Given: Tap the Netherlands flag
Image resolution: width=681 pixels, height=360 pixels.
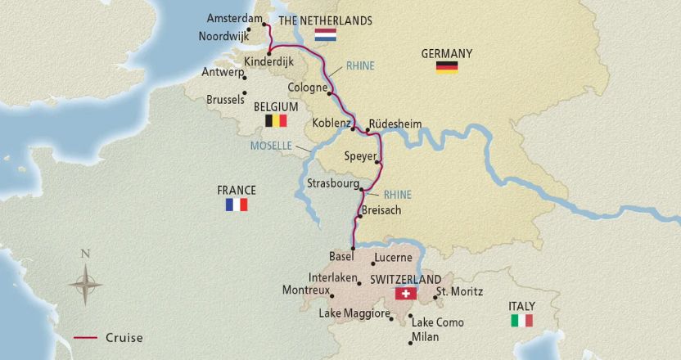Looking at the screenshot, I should [x=325, y=35].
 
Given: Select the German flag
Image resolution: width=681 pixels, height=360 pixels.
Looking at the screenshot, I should [x=446, y=68].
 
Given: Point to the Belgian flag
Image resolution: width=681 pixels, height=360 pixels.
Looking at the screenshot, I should [x=276, y=121].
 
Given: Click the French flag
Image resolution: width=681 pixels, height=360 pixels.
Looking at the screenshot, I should [x=236, y=205].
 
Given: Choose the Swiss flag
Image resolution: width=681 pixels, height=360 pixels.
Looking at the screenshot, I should [x=405, y=294].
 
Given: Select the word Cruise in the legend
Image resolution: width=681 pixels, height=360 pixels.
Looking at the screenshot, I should [x=124, y=337].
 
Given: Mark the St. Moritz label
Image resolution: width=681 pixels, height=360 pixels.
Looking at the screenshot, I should [x=459, y=291].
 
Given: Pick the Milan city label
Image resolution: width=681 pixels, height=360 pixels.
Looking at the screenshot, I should [x=426, y=336].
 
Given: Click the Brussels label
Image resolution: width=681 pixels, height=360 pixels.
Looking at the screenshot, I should [x=226, y=99].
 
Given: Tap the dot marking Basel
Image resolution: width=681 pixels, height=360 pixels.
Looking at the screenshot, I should [x=353, y=248].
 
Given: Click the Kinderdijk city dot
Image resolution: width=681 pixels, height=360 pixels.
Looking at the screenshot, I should [x=268, y=53].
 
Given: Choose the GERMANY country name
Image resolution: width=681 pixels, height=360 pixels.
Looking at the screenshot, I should [x=446, y=53].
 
